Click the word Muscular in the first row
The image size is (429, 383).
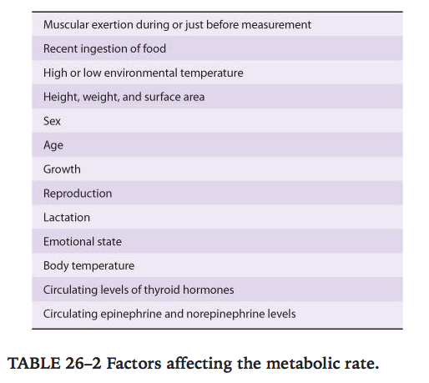[x=66, y=25]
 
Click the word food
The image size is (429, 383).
[x=154, y=48]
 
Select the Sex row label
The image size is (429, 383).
[x=52, y=121]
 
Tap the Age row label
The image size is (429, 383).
[x=53, y=145]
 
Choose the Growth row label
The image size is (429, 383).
[x=62, y=169]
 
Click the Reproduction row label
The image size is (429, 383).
[x=78, y=194]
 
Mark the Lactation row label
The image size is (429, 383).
[x=67, y=218]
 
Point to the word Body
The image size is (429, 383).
[x=56, y=266]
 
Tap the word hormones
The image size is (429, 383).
[x=209, y=290]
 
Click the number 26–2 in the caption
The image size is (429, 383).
[x=83, y=364]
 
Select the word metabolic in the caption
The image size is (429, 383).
[x=303, y=364]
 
